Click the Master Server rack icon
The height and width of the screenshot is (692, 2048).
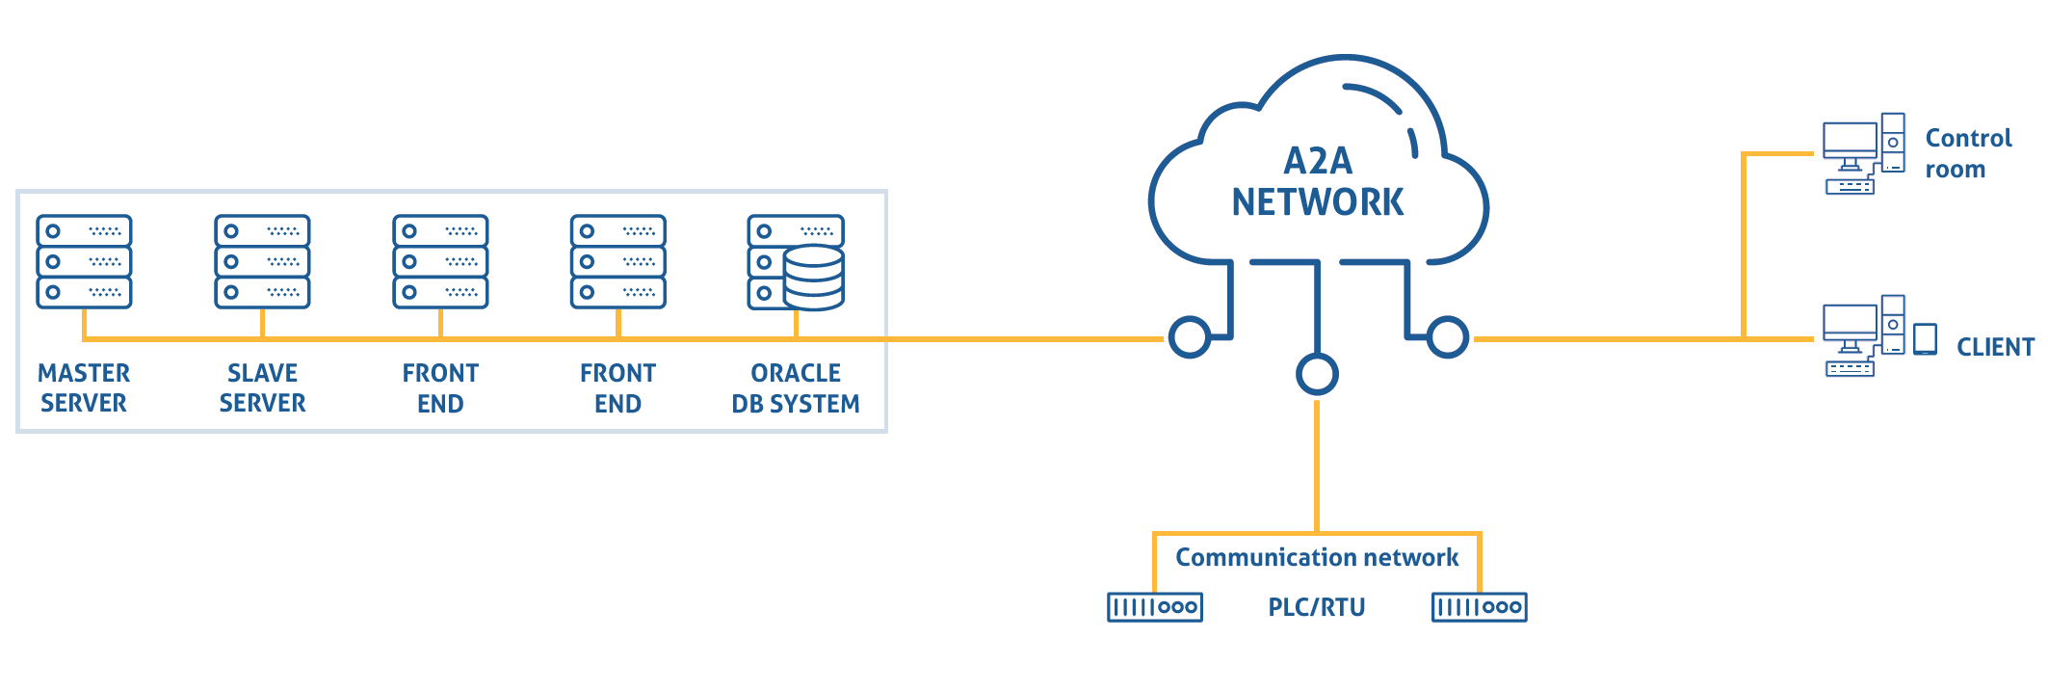coord(84,261)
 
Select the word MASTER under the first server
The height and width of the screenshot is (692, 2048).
coord(84,373)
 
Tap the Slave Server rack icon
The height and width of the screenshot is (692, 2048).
coord(262,261)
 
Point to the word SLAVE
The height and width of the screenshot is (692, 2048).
coord(262,373)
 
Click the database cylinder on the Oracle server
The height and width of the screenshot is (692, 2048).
coord(814,278)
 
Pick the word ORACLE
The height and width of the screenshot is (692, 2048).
coord(796,373)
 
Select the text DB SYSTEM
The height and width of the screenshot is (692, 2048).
coord(796,404)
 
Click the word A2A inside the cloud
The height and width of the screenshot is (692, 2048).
coord(1318,161)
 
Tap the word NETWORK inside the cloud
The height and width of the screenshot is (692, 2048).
coord(1318,202)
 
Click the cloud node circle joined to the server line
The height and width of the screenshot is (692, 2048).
coord(1190,337)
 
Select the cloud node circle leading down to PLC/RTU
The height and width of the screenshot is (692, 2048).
coord(1317,374)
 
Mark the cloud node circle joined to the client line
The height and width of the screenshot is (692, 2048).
coord(1447,337)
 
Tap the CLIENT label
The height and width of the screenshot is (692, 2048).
coord(1995,347)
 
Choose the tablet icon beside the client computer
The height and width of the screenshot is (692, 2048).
coord(1925,339)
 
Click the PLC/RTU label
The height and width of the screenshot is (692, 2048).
coord(1317,607)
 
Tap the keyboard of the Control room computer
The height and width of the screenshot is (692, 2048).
coord(1850,186)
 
